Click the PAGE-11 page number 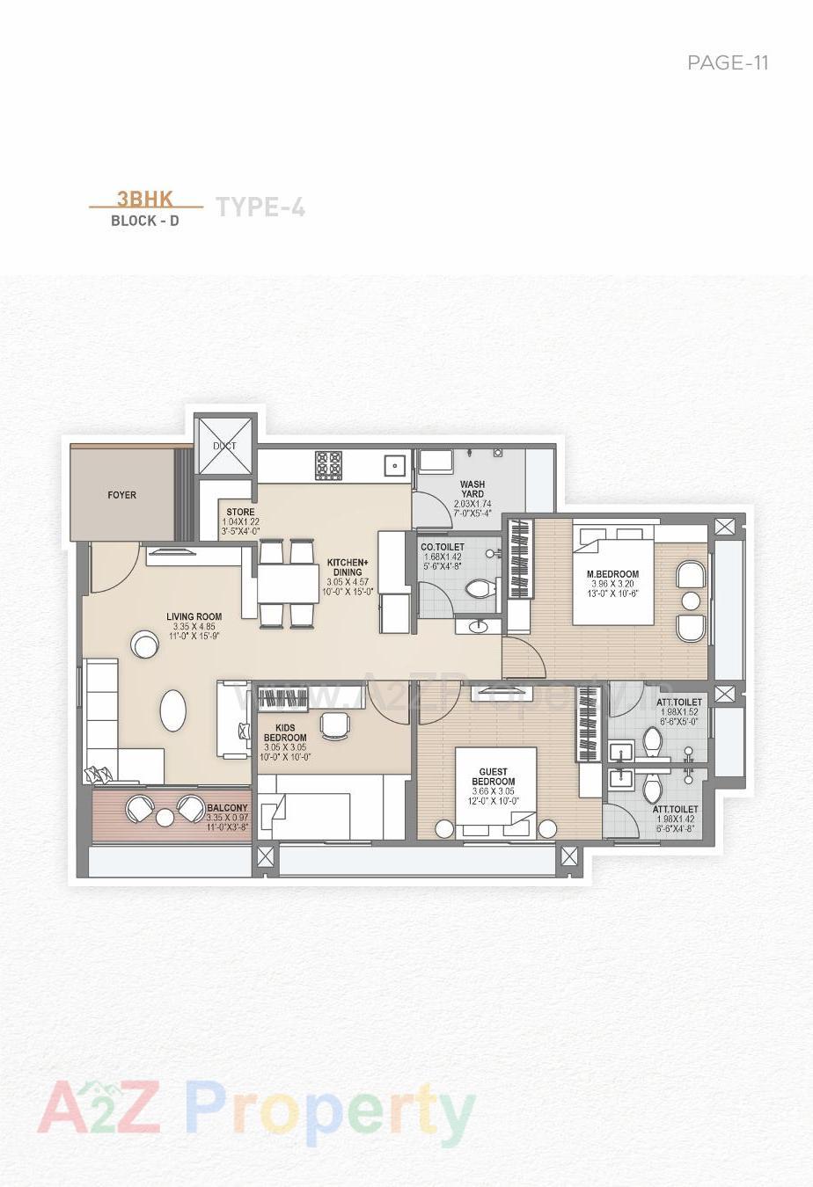coord(728,62)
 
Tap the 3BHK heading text coord(145,199)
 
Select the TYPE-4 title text coord(260,208)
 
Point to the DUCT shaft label coord(225,446)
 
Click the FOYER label coord(122,495)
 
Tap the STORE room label coord(240,512)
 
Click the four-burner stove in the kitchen coord(329,464)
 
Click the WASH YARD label coord(472,489)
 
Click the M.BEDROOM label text coord(613,574)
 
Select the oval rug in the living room coord(173,710)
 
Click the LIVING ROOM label coord(194,616)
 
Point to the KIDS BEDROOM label coord(285,732)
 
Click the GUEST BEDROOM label coord(493,776)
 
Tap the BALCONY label coord(227,808)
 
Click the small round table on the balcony coord(165,818)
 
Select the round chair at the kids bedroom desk coord(333,724)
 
